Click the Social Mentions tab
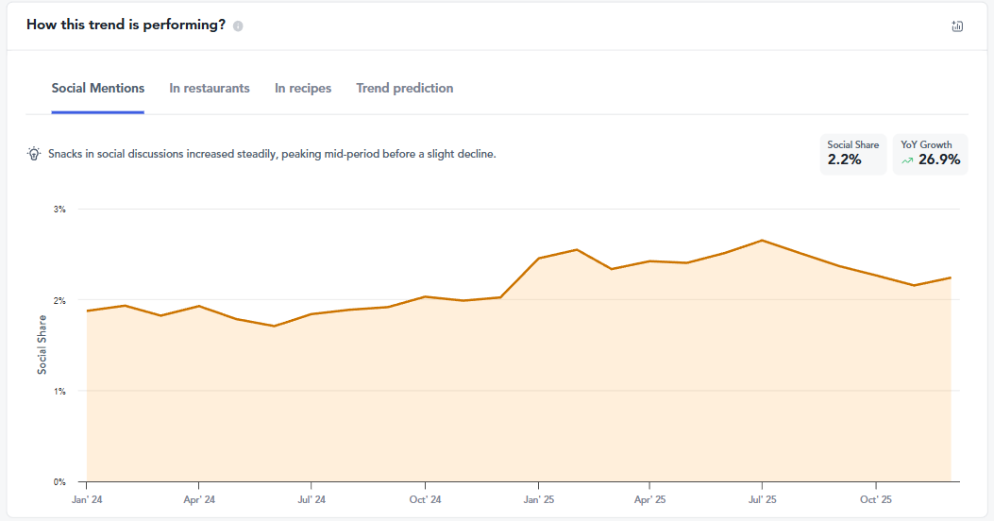tap(98, 88)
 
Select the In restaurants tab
tap(210, 88)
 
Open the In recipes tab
tap(303, 88)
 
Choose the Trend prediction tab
tap(404, 88)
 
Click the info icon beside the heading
tap(238, 26)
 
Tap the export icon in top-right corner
tap(957, 26)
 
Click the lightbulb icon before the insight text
tap(34, 154)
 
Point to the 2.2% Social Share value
tap(844, 160)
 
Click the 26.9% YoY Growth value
tap(939, 160)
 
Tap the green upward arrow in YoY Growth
tap(907, 160)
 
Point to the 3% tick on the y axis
tap(59, 210)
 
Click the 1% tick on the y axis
tap(59, 391)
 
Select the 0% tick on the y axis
tap(59, 481)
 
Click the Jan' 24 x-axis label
tap(86, 498)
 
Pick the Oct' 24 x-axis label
tap(426, 498)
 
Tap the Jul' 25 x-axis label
tap(762, 498)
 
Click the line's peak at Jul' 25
tap(762, 240)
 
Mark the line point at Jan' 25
tap(538, 258)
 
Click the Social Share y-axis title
tap(42, 345)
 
